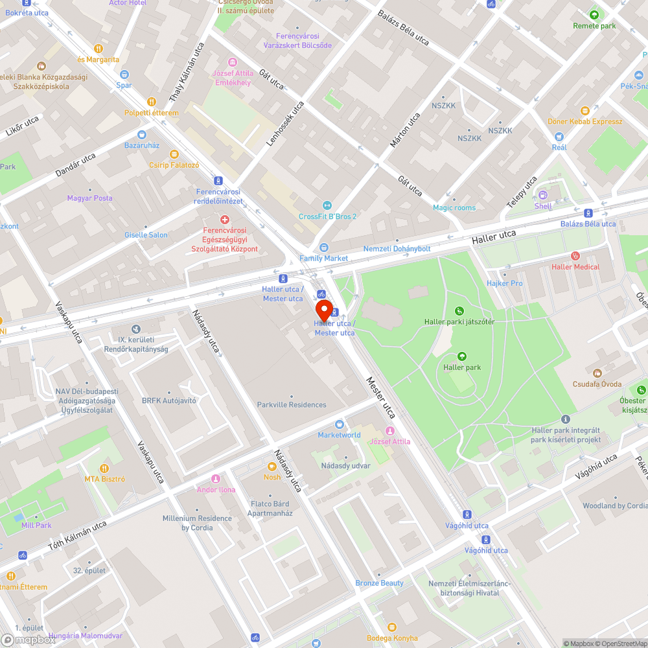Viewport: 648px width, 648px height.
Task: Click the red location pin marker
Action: pyautogui.click(x=323, y=309)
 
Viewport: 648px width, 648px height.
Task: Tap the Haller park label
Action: pyautogui.click(x=462, y=367)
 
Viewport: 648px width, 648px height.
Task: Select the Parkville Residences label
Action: pyautogui.click(x=292, y=404)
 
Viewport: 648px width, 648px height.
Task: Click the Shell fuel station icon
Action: pyautogui.click(x=543, y=194)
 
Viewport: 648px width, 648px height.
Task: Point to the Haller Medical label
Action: pyautogui.click(x=575, y=267)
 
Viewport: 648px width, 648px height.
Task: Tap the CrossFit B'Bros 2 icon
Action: pyautogui.click(x=327, y=205)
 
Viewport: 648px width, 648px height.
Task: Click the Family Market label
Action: pyautogui.click(x=323, y=258)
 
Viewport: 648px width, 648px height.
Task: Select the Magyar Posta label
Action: pyautogui.click(x=89, y=198)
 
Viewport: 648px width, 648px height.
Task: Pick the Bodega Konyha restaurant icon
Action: pyautogui.click(x=391, y=627)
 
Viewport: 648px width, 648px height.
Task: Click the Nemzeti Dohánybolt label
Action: pyautogui.click(x=397, y=249)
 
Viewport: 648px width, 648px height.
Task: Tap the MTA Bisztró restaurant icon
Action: pyautogui.click(x=104, y=468)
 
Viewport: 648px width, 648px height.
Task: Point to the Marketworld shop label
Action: pyautogui.click(x=339, y=435)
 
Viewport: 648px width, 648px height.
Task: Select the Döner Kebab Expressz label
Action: pyautogui.click(x=584, y=122)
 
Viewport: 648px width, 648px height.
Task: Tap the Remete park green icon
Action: pyautogui.click(x=594, y=14)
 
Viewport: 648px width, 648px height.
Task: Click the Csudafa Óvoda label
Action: pyautogui.click(x=597, y=383)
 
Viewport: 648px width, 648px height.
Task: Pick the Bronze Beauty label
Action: pyautogui.click(x=379, y=583)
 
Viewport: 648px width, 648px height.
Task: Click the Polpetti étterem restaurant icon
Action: pyautogui.click(x=152, y=101)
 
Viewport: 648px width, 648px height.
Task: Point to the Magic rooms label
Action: pyautogui.click(x=454, y=207)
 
